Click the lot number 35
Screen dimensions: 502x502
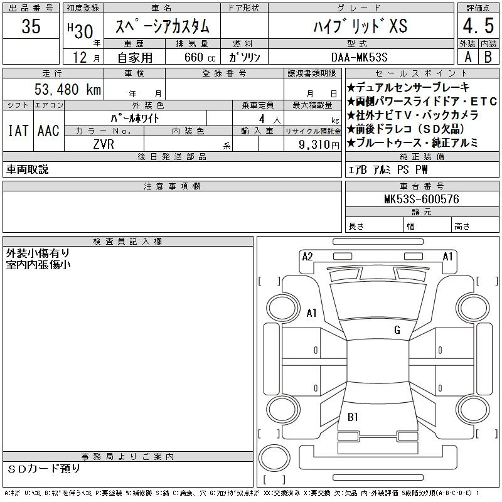(31, 26)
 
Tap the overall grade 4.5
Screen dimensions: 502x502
(478, 26)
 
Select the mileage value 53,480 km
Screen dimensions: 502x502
(68, 89)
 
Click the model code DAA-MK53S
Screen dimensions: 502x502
(359, 57)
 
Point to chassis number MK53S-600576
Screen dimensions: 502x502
(421, 199)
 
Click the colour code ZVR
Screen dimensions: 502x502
(104, 144)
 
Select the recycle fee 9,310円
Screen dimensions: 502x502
(319, 145)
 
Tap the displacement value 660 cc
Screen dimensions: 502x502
(200, 57)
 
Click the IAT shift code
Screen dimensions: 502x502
(18, 131)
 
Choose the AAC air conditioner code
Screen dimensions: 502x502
(48, 131)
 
